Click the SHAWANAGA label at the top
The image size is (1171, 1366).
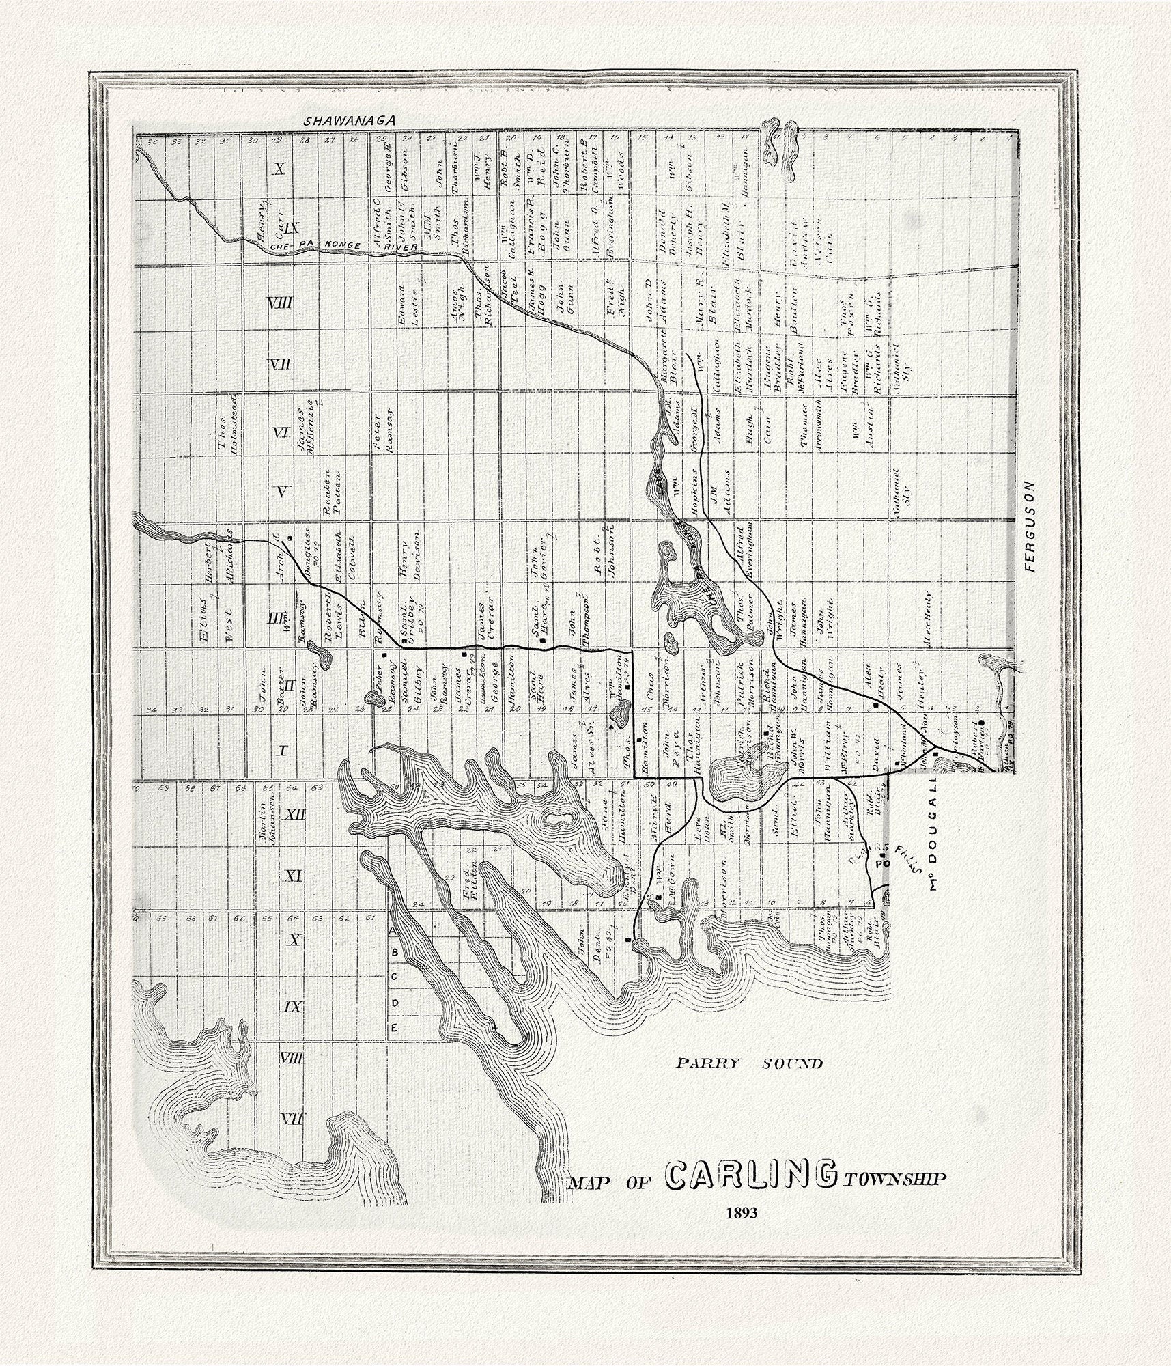point(350,120)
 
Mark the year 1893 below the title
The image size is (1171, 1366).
point(746,1233)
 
